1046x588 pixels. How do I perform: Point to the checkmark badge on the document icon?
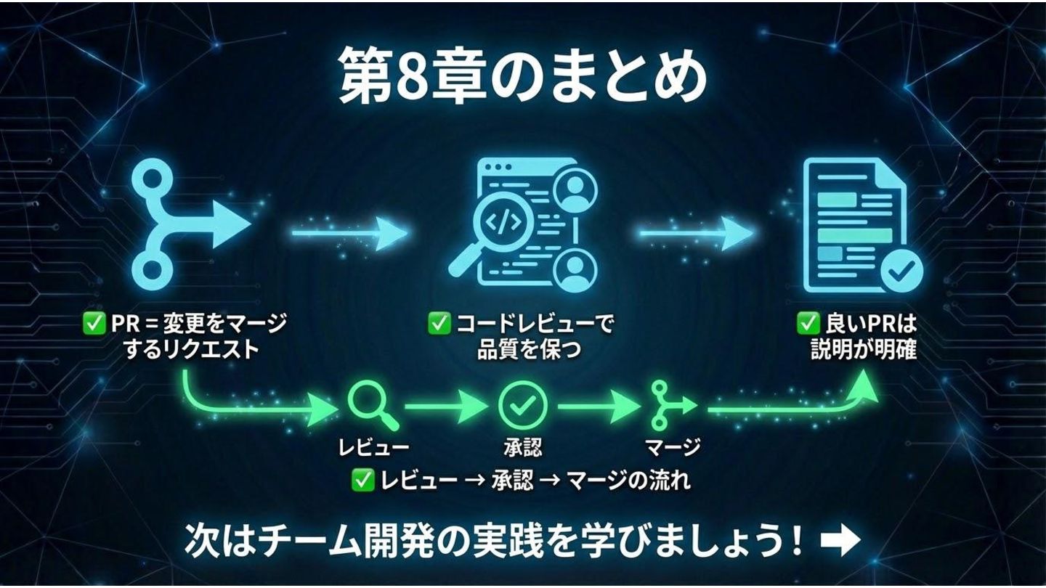(x=901, y=273)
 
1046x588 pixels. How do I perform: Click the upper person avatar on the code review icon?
(x=575, y=188)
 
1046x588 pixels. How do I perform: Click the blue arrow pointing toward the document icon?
(x=694, y=234)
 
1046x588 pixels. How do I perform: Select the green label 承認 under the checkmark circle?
(x=522, y=446)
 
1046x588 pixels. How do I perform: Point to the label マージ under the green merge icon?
(x=673, y=446)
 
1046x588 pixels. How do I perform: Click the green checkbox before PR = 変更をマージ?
(x=94, y=324)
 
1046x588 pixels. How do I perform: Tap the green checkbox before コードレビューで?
(x=438, y=324)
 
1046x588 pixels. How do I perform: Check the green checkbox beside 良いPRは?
(x=808, y=324)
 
